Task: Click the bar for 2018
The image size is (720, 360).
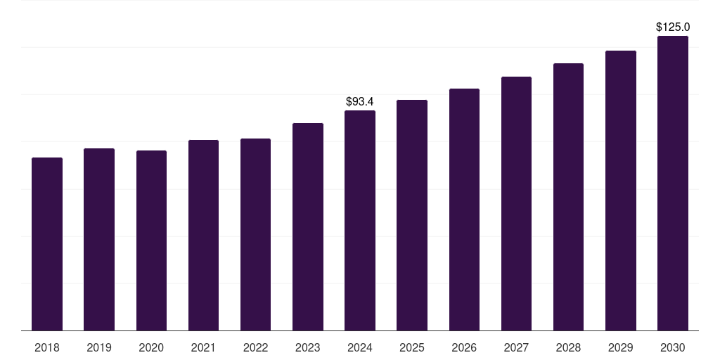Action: [x=47, y=244]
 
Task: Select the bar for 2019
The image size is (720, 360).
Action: [x=99, y=239]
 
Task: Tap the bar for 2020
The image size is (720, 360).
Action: [x=152, y=240]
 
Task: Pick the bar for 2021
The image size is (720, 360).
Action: [x=203, y=235]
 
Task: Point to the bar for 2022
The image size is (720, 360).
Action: [x=255, y=235]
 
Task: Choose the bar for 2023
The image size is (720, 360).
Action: [x=308, y=227]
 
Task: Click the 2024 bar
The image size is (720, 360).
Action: [x=360, y=220]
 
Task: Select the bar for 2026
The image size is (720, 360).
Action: [x=464, y=210]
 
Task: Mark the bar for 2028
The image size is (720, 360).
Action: [x=568, y=197]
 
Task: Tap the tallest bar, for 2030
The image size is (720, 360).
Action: [x=673, y=184]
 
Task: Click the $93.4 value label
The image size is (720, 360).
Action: [x=360, y=101]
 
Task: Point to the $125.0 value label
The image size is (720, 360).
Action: [x=673, y=27]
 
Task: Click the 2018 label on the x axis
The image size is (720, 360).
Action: [x=47, y=347]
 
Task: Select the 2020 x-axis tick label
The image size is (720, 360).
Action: [x=152, y=347]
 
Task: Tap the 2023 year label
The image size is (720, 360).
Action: [x=308, y=347]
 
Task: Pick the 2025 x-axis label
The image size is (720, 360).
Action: [x=412, y=347]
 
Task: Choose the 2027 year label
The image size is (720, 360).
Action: [x=516, y=347]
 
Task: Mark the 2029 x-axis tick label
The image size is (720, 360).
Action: [x=620, y=347]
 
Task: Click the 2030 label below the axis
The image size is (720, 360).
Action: [x=673, y=347]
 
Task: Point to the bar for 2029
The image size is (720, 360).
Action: [x=621, y=191]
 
